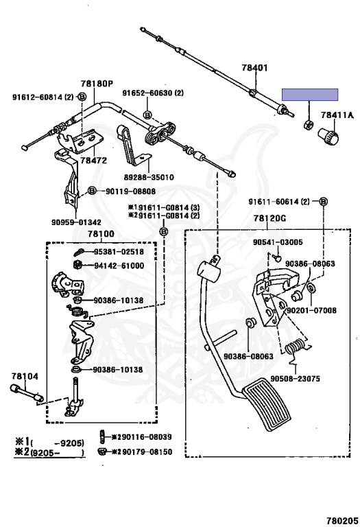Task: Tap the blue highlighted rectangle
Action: click(x=311, y=95)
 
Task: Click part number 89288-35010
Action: click(x=148, y=176)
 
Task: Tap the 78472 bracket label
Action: click(x=94, y=160)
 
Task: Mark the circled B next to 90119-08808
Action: click(x=91, y=191)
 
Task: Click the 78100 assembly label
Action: click(x=101, y=234)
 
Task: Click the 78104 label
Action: click(x=25, y=376)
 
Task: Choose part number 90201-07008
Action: click(x=311, y=311)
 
